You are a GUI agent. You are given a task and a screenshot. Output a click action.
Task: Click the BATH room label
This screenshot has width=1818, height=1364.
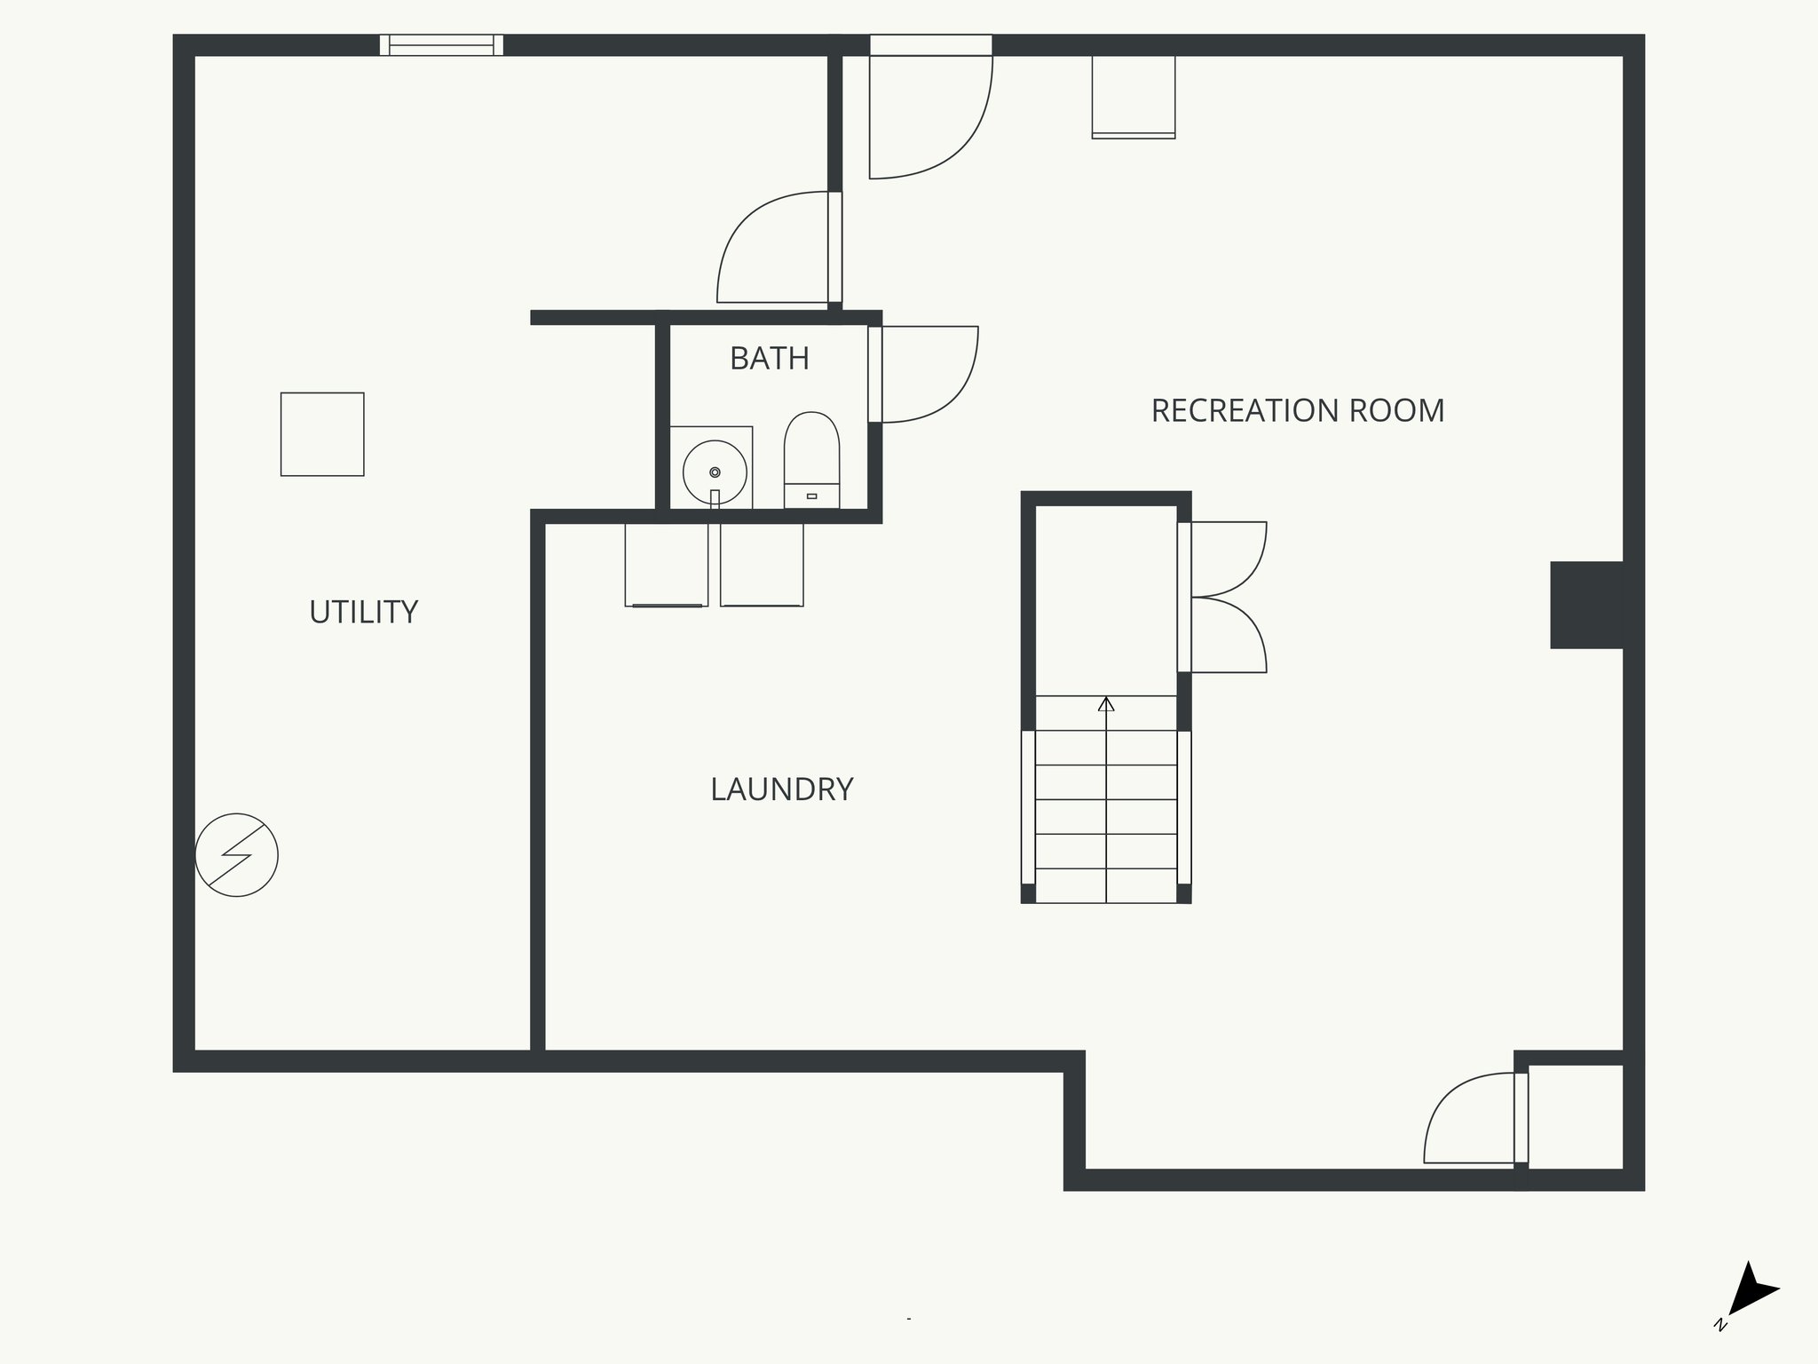(769, 359)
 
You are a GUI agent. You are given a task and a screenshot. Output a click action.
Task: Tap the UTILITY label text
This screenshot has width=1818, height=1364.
(363, 612)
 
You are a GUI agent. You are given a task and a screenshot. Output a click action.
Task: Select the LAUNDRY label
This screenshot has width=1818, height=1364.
(781, 789)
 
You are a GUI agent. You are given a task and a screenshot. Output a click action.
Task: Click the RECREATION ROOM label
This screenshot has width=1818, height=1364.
(1297, 410)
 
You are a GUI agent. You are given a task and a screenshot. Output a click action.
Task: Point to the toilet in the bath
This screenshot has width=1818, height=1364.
(811, 459)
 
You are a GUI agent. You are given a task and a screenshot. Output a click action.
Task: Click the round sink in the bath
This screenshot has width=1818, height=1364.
(715, 472)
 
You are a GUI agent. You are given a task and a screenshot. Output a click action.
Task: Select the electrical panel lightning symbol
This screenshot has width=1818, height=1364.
(237, 854)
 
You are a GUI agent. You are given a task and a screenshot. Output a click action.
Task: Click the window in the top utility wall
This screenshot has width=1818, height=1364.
(441, 45)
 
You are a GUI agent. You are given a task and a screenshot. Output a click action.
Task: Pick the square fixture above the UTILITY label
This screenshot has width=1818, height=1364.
(322, 434)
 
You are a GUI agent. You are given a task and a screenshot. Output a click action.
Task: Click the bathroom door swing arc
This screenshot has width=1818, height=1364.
(932, 373)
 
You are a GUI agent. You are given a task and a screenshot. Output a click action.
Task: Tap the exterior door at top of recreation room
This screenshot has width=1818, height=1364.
(930, 115)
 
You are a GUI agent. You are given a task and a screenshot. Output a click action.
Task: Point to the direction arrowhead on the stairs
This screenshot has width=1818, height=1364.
(1106, 704)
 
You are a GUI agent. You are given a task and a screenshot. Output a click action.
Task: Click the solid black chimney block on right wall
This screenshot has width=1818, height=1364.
(1586, 605)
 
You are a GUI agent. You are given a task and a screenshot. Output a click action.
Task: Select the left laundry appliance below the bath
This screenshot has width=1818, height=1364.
(667, 565)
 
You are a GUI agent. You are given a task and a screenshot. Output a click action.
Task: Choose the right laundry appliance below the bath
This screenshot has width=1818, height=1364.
(762, 565)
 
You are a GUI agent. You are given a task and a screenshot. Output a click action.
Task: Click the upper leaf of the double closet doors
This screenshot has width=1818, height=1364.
(1229, 559)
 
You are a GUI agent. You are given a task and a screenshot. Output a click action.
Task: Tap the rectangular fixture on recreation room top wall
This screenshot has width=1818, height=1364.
(1134, 97)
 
